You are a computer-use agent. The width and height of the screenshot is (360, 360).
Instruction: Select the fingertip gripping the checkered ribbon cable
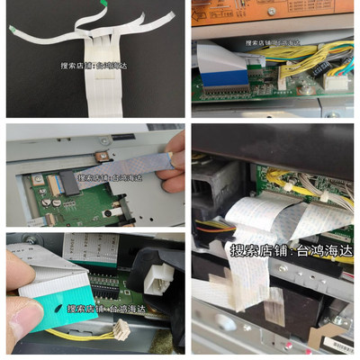click(x=176, y=162)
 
